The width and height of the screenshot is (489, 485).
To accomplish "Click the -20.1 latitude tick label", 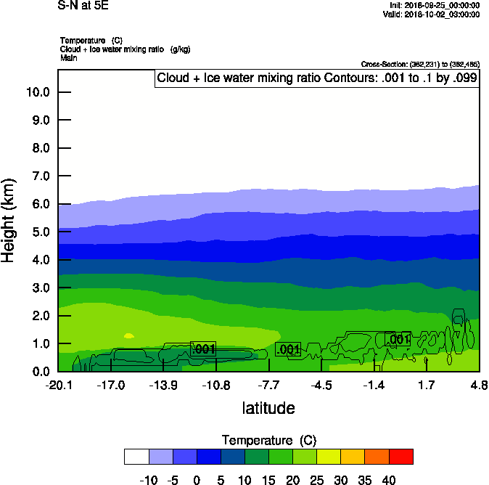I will (x=58, y=384).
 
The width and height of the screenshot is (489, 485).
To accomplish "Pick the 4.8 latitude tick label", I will (x=478, y=384).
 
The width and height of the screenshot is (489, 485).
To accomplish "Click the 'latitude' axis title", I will (x=268, y=408).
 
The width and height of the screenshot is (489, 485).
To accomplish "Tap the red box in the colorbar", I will (x=400, y=456).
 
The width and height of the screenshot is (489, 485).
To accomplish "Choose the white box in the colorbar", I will (x=136, y=456).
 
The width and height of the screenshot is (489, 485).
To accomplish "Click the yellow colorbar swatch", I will (x=329, y=456).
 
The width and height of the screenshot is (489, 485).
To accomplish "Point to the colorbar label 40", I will (x=389, y=479).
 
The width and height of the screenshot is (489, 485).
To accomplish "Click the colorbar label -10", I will (x=149, y=479).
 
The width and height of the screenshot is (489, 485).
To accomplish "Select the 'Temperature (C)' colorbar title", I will (x=268, y=440).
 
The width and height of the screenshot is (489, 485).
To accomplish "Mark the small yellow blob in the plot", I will (x=128, y=335).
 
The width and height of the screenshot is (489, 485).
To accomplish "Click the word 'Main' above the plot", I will (x=69, y=57).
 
